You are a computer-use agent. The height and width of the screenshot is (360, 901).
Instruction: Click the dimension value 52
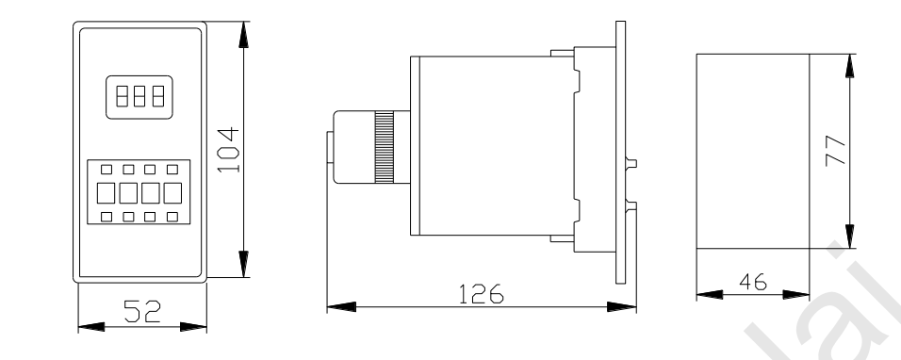(140, 310)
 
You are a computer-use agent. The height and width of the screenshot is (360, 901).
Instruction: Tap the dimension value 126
(478, 294)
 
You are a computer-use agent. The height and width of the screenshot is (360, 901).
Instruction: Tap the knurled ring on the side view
(385, 147)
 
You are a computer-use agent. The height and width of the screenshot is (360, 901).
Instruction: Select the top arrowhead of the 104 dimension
(244, 34)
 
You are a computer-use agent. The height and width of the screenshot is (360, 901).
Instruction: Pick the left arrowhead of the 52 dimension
(90, 326)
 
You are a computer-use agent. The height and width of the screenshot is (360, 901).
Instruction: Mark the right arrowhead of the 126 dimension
(622, 307)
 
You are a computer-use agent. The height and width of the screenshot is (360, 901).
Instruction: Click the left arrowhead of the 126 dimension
(340, 307)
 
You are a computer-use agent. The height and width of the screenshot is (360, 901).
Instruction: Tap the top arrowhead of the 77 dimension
(850, 65)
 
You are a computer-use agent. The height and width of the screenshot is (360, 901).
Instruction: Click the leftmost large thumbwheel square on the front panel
(106, 193)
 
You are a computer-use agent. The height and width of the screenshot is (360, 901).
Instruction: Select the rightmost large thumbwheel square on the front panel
(172, 193)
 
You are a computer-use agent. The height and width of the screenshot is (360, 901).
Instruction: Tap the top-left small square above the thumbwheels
(106, 170)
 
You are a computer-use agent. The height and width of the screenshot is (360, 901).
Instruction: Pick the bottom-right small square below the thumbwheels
(172, 217)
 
